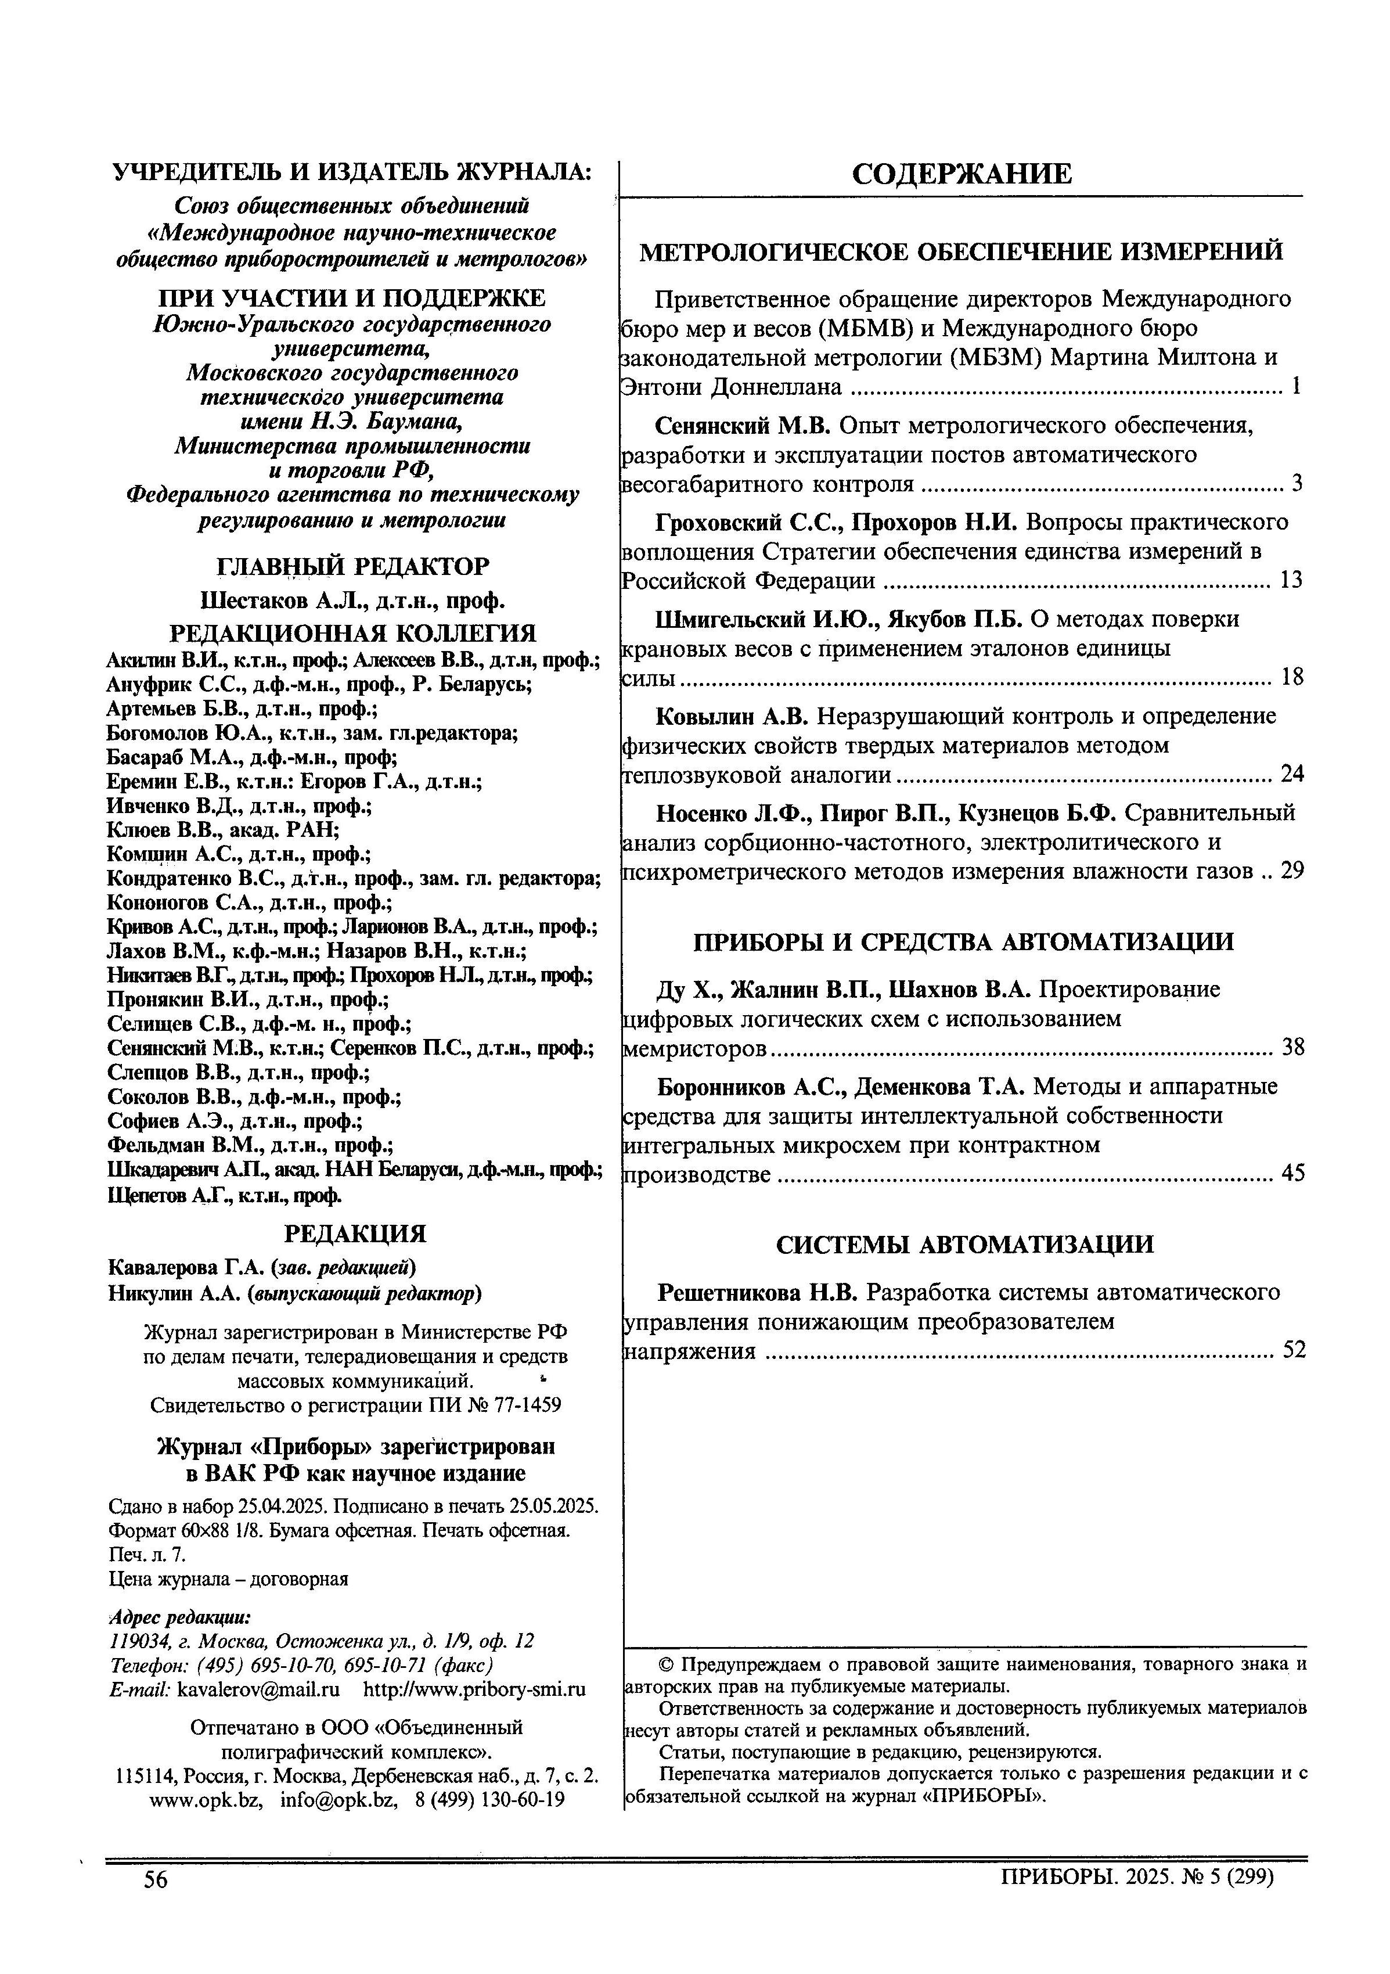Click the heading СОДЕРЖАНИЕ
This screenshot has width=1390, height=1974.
(961, 175)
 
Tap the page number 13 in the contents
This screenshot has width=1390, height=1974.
(1291, 580)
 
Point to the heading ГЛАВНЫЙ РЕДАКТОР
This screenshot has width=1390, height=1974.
(352, 567)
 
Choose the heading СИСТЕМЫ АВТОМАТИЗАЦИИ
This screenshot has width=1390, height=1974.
(964, 1244)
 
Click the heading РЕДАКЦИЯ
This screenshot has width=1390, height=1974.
(354, 1235)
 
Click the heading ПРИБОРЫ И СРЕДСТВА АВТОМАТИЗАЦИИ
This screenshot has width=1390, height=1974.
(963, 941)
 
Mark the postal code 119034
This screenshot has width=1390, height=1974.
(136, 1641)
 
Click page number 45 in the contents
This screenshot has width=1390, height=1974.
(1292, 1173)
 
